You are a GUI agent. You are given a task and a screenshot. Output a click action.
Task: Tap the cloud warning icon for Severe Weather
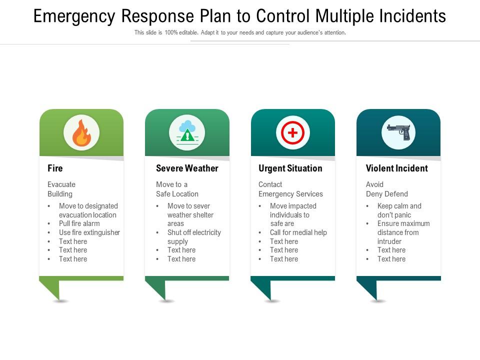pos(187,132)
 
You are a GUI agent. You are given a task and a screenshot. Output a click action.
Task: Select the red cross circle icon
pos(293,133)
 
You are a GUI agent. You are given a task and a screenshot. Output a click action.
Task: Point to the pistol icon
pos(398,132)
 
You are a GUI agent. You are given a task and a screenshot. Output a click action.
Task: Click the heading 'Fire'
pos(55,168)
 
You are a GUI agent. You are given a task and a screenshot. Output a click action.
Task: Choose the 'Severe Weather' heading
pos(187,168)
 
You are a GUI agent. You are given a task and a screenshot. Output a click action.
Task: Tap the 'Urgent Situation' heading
pos(290,168)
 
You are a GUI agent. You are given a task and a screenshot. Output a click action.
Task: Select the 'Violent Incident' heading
pos(396,168)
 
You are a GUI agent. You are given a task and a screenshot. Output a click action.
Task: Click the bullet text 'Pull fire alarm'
pos(79,223)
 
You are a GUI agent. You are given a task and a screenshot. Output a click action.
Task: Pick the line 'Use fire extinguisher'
pos(89,232)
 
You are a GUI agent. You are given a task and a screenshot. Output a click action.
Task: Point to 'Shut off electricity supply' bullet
pos(193,237)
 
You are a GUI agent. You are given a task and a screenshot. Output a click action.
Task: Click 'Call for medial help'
pos(298,232)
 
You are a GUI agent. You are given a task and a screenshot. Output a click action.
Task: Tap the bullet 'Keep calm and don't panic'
pos(399,210)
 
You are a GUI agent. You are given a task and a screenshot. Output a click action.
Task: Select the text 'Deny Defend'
pos(386,194)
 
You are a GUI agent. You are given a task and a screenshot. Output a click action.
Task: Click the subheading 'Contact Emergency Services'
pos(290,189)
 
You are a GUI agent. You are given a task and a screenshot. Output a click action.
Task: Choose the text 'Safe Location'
pos(177,194)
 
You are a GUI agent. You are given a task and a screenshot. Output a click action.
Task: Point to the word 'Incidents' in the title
pos(414,16)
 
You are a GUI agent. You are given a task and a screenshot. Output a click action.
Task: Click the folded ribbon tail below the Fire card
pos(51,289)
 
